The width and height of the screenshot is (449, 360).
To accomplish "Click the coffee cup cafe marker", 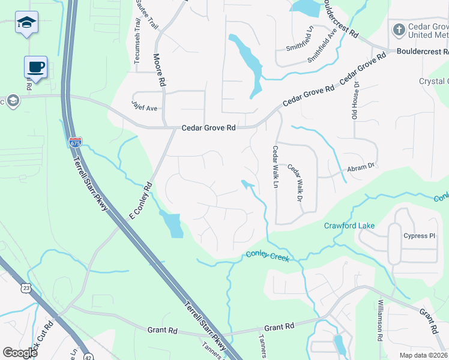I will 35,66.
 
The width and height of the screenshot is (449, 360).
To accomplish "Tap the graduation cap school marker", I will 26,22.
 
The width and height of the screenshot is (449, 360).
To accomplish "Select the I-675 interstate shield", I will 75,142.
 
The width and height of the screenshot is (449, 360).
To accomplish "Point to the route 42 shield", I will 89,354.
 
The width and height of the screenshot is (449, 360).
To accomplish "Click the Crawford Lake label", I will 349,226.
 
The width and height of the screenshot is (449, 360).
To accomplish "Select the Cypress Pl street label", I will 419,236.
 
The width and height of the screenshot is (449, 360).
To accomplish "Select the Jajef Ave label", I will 144,106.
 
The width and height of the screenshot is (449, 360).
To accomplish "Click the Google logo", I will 20,352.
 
